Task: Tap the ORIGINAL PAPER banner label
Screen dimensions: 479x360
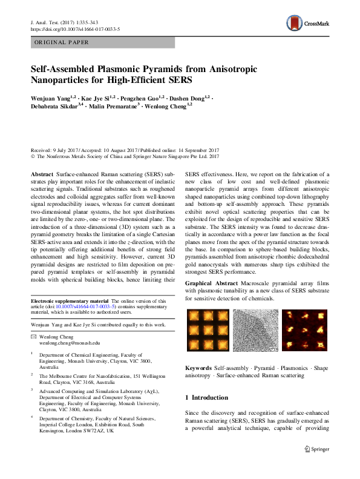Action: [62, 42]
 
